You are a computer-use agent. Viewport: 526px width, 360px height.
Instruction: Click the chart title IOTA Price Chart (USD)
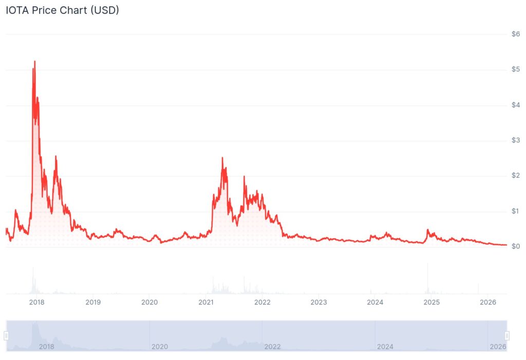point(62,10)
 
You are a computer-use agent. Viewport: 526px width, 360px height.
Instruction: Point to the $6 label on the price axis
point(516,34)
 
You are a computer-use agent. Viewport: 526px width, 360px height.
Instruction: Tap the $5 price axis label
point(516,69)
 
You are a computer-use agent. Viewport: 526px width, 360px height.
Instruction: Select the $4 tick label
point(516,105)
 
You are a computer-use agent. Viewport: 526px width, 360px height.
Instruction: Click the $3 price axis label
point(516,140)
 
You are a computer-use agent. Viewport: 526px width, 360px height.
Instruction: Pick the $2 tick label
point(516,176)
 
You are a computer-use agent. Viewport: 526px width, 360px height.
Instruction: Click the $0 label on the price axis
point(516,247)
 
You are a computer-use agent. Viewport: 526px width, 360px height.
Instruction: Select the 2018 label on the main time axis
point(36,302)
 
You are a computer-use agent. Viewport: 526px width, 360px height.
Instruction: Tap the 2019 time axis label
point(93,302)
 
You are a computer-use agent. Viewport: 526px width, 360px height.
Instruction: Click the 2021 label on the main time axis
point(206,302)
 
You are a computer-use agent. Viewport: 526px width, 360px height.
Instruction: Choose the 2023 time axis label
point(318,302)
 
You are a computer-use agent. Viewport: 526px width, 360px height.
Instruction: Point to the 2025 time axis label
point(431,302)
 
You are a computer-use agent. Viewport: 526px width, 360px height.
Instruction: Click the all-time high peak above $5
point(34,62)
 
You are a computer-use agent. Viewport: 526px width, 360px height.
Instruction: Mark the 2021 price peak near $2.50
point(222,158)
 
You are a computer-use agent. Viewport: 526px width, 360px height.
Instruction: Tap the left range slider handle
point(6,335)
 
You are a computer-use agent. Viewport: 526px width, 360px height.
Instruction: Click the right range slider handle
point(507,335)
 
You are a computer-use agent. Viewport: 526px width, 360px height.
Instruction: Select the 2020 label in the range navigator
point(160,347)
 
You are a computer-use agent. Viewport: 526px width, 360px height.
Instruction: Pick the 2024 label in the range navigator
point(385,347)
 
